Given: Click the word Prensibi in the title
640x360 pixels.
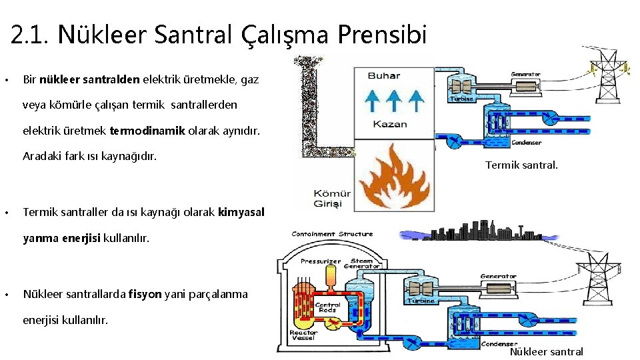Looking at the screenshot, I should click(381, 35).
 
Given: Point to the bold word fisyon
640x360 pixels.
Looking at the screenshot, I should click(145, 294).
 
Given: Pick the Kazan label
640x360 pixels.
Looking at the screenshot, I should click(390, 124).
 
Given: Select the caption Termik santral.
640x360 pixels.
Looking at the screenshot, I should click(521, 165).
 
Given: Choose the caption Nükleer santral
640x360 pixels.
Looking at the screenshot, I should click(546, 351).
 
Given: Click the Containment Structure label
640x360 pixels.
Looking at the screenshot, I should click(332, 234).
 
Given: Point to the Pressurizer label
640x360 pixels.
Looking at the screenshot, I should click(321, 261).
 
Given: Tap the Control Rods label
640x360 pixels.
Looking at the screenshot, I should click(328, 308).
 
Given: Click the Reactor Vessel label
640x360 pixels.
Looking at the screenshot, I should click(303, 336).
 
